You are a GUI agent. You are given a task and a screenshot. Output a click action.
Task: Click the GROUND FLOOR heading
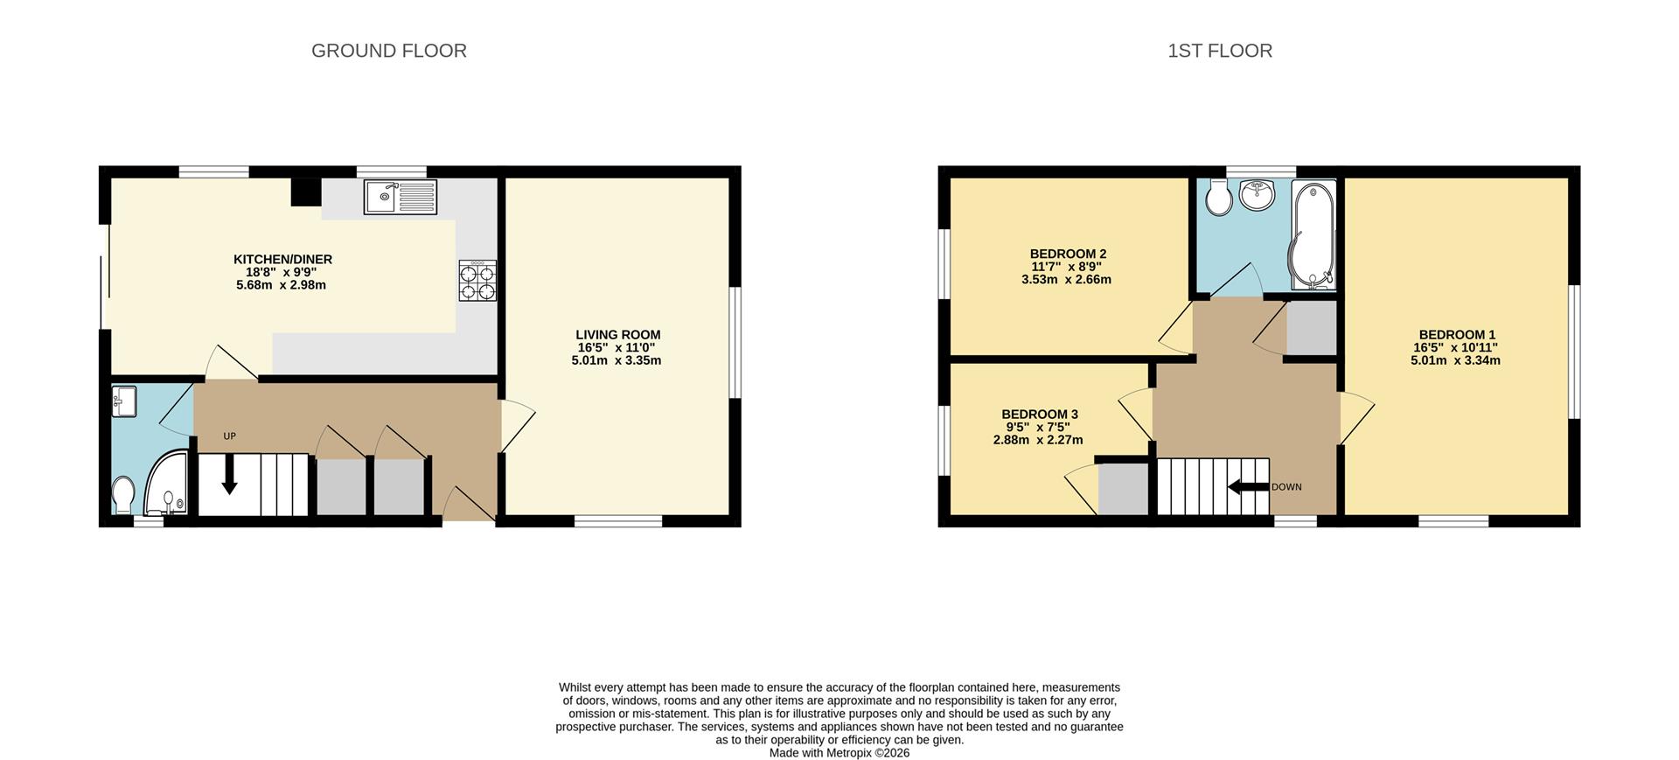point(388,51)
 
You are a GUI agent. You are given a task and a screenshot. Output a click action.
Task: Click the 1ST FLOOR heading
point(1219,51)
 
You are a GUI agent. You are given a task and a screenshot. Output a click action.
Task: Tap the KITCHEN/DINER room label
point(282,260)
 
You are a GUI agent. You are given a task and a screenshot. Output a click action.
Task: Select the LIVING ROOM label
point(617,335)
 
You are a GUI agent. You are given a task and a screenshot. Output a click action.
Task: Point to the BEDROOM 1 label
point(1457,335)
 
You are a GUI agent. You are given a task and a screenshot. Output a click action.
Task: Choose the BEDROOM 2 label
point(1068,254)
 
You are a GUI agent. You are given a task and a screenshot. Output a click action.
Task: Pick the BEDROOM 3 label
point(1039,415)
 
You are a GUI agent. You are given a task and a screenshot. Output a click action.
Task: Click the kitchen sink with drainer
point(401,197)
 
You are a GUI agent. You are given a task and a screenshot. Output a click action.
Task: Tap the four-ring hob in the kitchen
point(477,281)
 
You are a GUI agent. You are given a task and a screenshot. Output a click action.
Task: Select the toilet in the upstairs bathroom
point(1217,199)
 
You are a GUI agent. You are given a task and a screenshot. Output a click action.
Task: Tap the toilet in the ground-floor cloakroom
point(123,495)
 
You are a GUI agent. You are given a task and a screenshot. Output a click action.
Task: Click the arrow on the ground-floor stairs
point(229,477)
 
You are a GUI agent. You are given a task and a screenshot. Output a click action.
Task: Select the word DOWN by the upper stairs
point(1285,487)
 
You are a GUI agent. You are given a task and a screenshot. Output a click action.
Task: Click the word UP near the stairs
point(229,436)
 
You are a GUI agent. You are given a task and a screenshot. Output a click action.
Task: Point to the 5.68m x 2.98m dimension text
point(281,285)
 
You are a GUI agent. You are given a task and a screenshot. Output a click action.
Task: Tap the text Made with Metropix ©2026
point(839,753)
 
